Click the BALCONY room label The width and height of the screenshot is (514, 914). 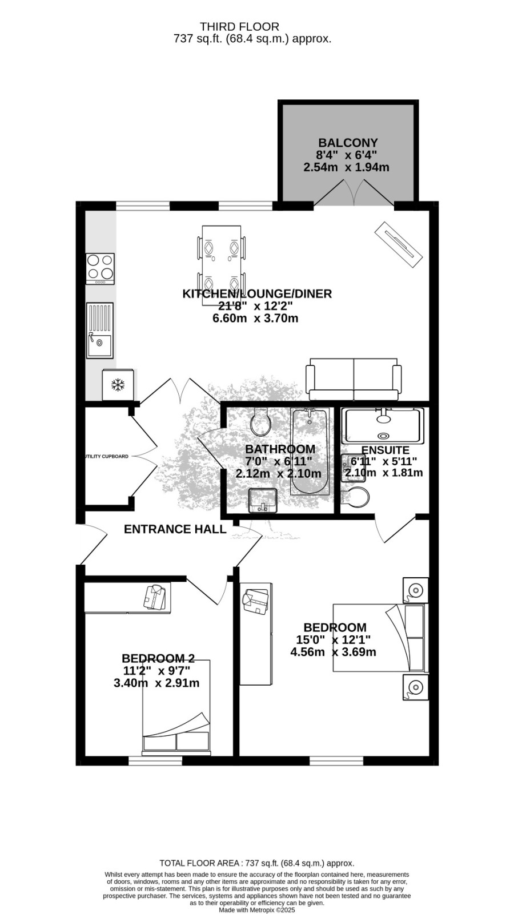pyautogui.click(x=348, y=143)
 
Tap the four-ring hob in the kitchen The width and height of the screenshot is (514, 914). pyautogui.click(x=100, y=268)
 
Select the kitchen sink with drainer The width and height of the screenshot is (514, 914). pyautogui.click(x=99, y=331)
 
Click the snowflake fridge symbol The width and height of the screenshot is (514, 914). pyautogui.click(x=118, y=384)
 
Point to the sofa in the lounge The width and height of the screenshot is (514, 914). pyautogui.click(x=354, y=380)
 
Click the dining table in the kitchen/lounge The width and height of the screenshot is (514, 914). pyautogui.click(x=221, y=265)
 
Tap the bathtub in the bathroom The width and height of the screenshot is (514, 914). pyautogui.click(x=310, y=452)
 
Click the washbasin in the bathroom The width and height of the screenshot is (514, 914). pyautogui.click(x=263, y=501)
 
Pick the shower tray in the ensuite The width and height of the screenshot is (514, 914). pyautogui.click(x=383, y=426)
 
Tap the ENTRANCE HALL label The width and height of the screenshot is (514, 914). pyautogui.click(x=175, y=529)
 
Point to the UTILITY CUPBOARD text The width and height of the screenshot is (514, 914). pyautogui.click(x=106, y=456)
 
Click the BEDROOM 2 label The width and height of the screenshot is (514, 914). pyautogui.click(x=158, y=658)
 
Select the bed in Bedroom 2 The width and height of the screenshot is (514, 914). pyautogui.click(x=176, y=706)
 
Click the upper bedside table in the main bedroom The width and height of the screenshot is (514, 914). pyautogui.click(x=416, y=590)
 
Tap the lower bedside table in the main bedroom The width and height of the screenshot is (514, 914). pyautogui.click(x=416, y=687)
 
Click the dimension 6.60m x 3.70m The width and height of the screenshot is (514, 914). pyautogui.click(x=255, y=318)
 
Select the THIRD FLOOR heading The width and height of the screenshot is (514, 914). pyautogui.click(x=240, y=27)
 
